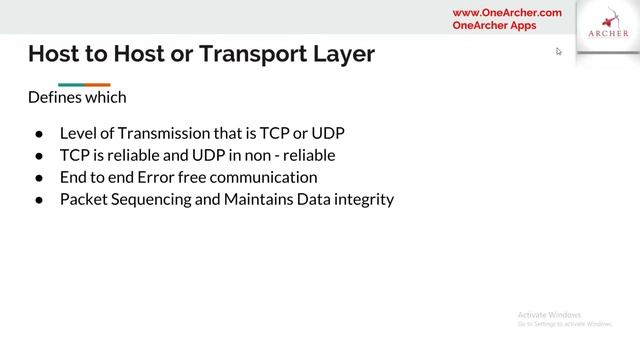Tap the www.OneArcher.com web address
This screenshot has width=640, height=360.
(507, 13)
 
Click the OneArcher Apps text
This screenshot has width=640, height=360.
(494, 26)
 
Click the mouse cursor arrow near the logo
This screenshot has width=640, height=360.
(559, 51)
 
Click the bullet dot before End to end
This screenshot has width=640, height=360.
(38, 178)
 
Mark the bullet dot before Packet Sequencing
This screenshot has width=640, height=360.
(38, 200)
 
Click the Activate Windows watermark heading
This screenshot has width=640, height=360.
(550, 314)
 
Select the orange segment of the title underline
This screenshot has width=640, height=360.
(97, 84)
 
